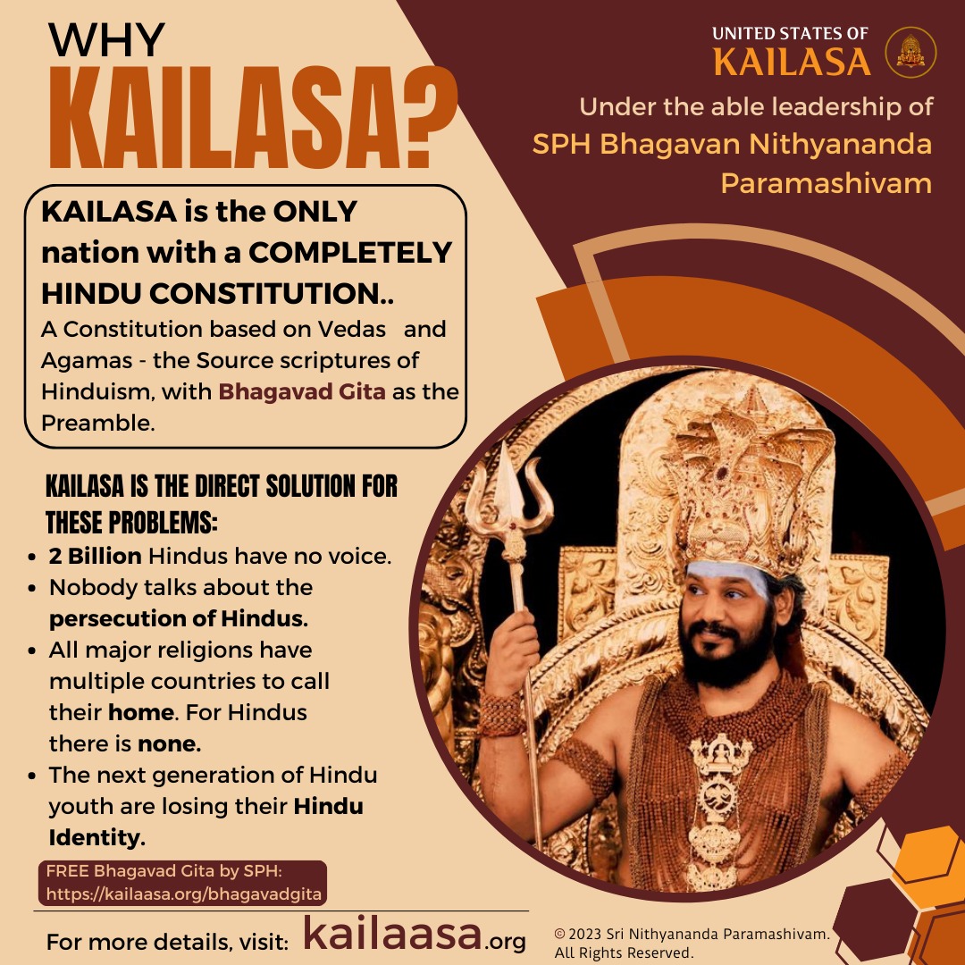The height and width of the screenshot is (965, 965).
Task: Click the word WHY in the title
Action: click(x=106, y=40)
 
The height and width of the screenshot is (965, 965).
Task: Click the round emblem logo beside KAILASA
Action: click(x=910, y=53)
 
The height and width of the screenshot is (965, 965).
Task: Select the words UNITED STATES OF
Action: click(x=790, y=34)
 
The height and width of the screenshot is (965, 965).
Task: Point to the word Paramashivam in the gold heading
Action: click(x=826, y=183)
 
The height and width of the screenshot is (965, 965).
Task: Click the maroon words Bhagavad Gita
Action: click(x=302, y=391)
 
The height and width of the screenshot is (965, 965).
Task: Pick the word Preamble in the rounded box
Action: click(x=97, y=423)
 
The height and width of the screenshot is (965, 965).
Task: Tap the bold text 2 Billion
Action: click(x=96, y=556)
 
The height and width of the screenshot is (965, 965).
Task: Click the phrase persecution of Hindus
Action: click(x=179, y=618)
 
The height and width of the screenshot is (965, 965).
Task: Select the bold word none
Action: click(x=169, y=744)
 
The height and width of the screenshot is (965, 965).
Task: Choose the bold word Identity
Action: click(x=96, y=837)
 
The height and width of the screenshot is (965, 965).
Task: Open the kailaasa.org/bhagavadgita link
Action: click(x=184, y=894)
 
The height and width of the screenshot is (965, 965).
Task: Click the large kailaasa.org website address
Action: click(x=415, y=934)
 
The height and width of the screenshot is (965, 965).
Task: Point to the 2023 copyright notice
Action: click(x=692, y=944)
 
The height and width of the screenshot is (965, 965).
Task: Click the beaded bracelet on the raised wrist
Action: click(x=501, y=713)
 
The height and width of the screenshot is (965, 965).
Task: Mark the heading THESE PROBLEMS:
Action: click(x=131, y=523)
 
